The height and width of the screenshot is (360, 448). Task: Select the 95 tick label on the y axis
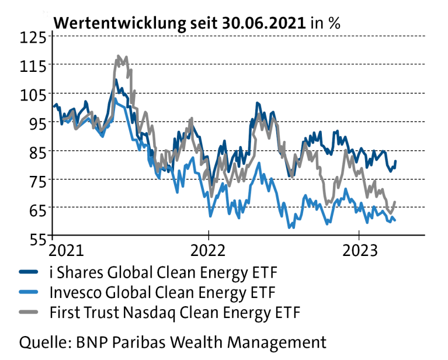click(x=38, y=123)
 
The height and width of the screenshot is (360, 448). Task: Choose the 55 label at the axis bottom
click(x=38, y=237)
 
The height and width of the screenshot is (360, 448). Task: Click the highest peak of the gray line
click(x=119, y=56)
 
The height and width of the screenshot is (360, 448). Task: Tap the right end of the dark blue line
click(x=396, y=161)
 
